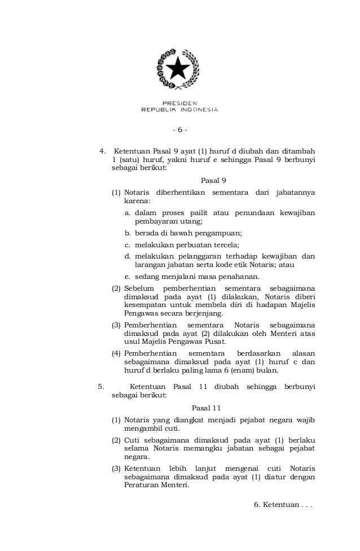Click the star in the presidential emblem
tap(179, 70)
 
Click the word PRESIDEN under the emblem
tap(179, 103)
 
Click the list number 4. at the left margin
tap(103, 151)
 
